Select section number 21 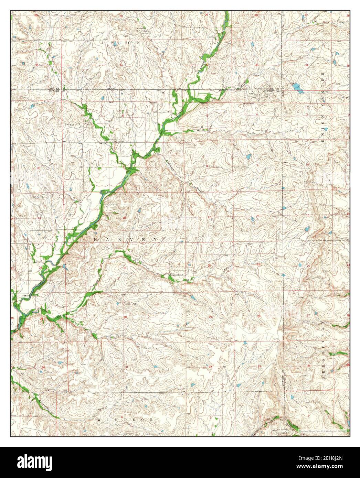258,264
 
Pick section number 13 39,218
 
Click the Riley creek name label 201,130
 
